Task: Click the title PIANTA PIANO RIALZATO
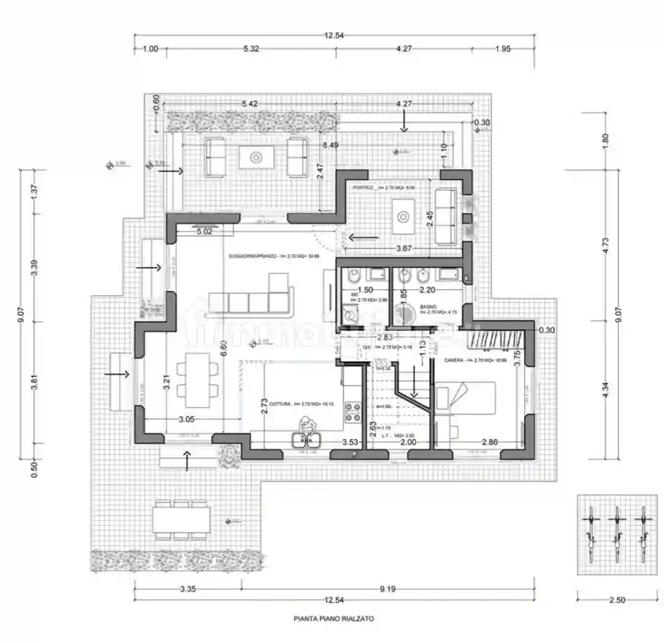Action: click(x=334, y=619)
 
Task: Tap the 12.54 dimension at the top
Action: click(x=334, y=36)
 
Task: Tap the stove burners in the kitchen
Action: click(x=353, y=412)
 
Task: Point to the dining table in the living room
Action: click(x=197, y=380)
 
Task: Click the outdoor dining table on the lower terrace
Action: click(x=181, y=519)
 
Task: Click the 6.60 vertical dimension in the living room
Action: click(x=224, y=348)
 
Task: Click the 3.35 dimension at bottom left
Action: click(x=188, y=589)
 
